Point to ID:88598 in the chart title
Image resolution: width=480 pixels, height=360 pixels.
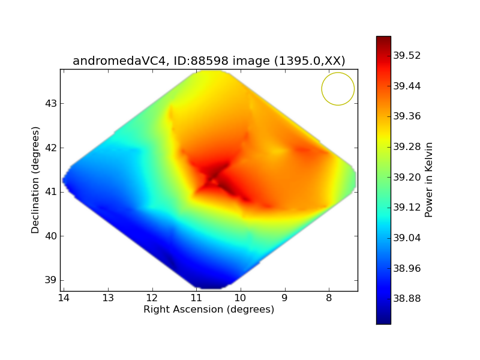(201, 61)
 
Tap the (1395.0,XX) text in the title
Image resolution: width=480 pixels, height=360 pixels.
(310, 61)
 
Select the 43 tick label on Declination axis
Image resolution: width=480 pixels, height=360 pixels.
(51, 103)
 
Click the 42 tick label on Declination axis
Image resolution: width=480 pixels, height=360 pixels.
(51, 148)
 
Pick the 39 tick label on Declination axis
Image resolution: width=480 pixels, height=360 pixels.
(51, 280)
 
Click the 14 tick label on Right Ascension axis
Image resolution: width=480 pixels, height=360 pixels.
(64, 298)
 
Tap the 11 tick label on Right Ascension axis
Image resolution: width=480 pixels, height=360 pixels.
(196, 298)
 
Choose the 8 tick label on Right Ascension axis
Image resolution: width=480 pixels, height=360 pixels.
(329, 298)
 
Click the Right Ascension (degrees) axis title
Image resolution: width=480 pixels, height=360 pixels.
(209, 309)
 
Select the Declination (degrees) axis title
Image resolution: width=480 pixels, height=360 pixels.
(35, 180)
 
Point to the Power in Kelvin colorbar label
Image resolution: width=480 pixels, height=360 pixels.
(428, 179)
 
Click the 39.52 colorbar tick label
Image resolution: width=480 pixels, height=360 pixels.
(407, 55)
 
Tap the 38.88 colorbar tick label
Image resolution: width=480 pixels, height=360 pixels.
(407, 298)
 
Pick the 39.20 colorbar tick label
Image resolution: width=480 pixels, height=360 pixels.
(407, 177)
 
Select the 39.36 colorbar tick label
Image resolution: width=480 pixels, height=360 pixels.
(407, 116)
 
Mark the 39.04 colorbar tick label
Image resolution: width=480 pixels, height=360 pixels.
(407, 238)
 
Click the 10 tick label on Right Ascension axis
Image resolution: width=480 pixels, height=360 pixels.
(241, 298)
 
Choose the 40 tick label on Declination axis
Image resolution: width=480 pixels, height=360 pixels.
(51, 236)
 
